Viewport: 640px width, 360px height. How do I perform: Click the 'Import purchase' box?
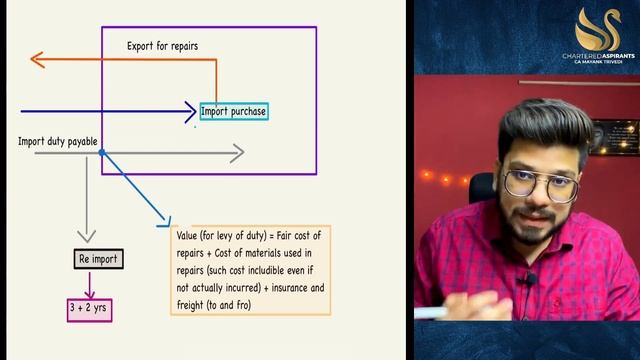pyautogui.click(x=234, y=112)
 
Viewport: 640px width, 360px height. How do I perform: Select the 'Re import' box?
pyautogui.click(x=98, y=260)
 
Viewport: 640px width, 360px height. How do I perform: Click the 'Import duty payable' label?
pyautogui.click(x=58, y=142)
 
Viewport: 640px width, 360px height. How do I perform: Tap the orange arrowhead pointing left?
pyautogui.click(x=38, y=60)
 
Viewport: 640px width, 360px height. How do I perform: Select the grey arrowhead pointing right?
pyautogui.click(x=237, y=153)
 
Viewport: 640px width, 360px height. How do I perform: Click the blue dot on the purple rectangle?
pyautogui.click(x=102, y=153)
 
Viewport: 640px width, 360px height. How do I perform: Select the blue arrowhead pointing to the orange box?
pyautogui.click(x=166, y=224)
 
